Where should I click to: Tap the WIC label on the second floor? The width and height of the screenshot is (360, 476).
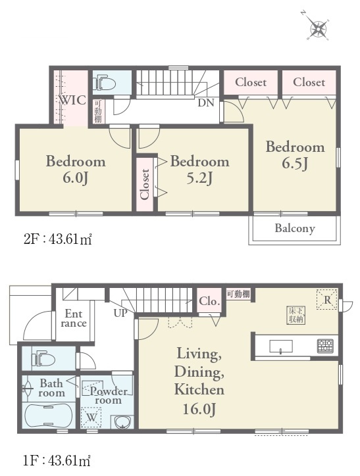(x=72, y=100)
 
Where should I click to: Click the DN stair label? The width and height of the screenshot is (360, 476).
(x=206, y=103)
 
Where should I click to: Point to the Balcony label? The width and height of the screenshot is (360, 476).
(x=295, y=228)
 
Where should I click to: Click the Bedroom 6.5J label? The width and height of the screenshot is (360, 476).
(x=296, y=155)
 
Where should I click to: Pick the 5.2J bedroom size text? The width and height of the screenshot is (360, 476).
(x=199, y=179)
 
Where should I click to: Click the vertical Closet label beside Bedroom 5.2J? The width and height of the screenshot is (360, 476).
(x=145, y=184)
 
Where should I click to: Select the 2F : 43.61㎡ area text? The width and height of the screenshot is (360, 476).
(x=57, y=239)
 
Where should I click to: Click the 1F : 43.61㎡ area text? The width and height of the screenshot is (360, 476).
(x=57, y=461)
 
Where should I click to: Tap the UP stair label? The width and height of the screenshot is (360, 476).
(x=120, y=313)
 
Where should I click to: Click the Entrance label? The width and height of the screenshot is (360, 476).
(x=74, y=318)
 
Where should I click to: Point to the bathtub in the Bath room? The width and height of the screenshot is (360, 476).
(x=48, y=416)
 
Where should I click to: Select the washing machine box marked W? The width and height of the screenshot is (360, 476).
(x=91, y=417)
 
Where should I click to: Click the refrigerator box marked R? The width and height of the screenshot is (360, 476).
(x=327, y=300)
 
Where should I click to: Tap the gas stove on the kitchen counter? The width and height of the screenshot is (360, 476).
(x=325, y=346)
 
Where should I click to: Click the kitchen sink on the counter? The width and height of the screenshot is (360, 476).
(x=281, y=346)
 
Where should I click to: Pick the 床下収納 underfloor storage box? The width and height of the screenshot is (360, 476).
(x=296, y=316)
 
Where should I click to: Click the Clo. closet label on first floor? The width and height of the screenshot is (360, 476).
(x=209, y=302)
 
